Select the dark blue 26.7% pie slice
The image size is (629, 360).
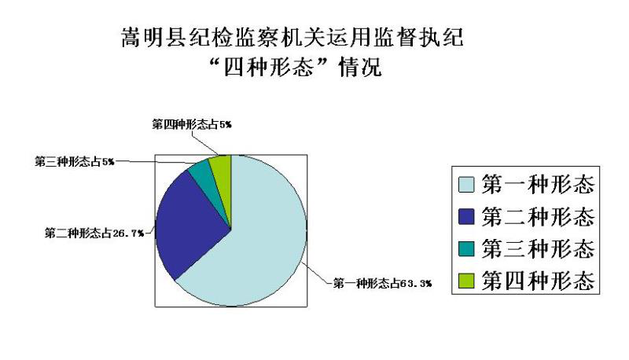click(x=189, y=225)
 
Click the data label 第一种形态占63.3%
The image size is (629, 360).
click(x=382, y=284)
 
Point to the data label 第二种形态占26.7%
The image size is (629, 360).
click(x=94, y=233)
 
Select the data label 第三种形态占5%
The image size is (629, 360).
click(x=75, y=162)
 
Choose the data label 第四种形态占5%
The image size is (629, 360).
click(x=192, y=124)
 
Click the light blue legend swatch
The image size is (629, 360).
click(x=466, y=185)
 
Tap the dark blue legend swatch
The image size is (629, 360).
click(x=466, y=216)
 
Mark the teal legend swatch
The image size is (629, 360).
click(x=466, y=248)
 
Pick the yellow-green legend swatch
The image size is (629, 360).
click(x=466, y=281)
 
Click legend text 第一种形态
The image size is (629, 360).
click(x=538, y=185)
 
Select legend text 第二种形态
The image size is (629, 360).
click(x=538, y=216)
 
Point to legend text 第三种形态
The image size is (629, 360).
click(x=538, y=248)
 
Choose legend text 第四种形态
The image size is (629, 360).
click(x=538, y=281)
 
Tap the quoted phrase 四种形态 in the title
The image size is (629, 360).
click(x=268, y=66)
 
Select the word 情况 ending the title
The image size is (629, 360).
click(x=360, y=66)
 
